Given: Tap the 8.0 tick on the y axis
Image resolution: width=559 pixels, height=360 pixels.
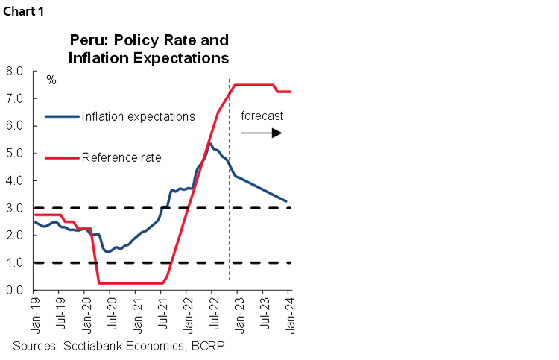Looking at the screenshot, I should coord(16,72).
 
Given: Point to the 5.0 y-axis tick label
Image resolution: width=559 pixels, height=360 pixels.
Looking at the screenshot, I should coord(16,154).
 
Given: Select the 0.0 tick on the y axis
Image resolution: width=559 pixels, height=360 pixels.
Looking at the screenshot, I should coord(16,290).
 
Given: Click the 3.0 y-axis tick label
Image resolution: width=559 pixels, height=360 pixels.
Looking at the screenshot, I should coord(16,208).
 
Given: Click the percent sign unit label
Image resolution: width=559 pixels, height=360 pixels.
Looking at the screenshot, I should coord(51,80).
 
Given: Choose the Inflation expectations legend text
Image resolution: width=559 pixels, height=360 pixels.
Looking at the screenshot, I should coord(138,116).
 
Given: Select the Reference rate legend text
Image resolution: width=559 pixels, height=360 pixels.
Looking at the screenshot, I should coord(121,157).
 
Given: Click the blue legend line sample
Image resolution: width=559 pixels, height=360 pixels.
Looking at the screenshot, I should coord(61,116).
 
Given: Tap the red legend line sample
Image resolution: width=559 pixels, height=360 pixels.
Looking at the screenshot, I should coord(61,157).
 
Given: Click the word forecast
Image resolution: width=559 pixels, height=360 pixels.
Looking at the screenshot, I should coord(262,116).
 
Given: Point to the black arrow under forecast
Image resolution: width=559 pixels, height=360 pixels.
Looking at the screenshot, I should coord(262,133).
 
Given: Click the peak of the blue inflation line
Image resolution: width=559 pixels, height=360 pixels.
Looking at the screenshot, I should coord(210,144).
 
